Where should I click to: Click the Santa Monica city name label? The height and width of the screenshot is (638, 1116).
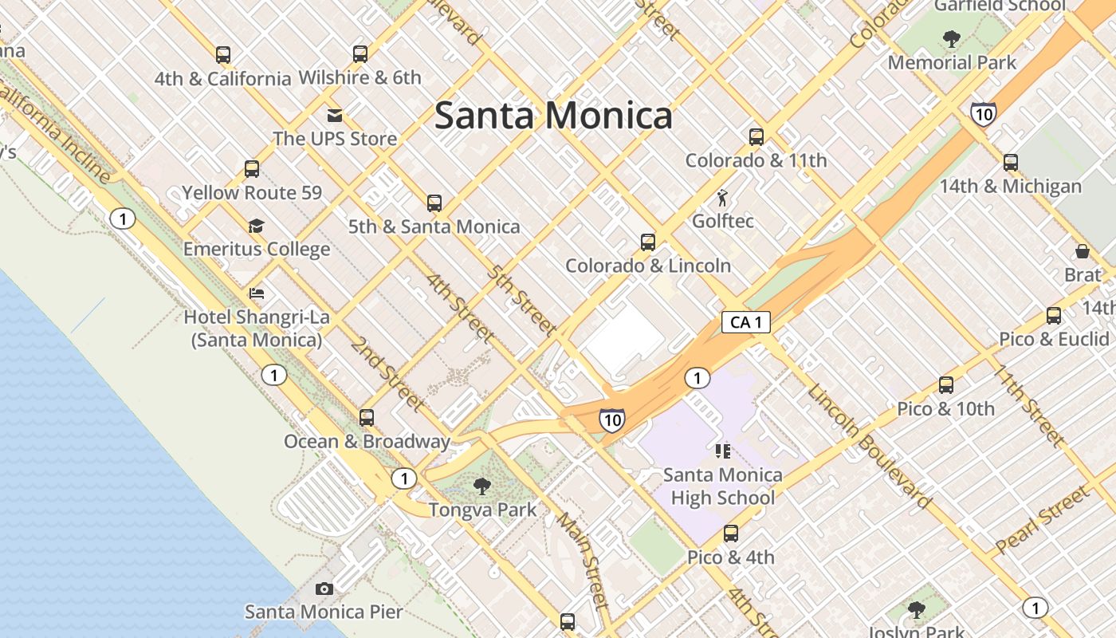pos(553,116)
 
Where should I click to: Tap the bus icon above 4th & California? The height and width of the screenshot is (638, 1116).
pos(223,55)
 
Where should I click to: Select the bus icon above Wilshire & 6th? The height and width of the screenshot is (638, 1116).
pos(360,54)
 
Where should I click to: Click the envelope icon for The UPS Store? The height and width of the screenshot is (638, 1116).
pos(335,115)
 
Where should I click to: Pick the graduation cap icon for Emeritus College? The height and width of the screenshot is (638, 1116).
pos(256,226)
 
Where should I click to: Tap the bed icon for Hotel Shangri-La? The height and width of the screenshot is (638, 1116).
pos(256,293)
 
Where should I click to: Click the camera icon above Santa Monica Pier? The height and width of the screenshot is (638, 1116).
pos(324,589)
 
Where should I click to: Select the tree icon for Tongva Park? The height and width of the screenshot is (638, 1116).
pos(481,486)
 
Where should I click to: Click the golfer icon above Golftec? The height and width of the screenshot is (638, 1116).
pos(722,198)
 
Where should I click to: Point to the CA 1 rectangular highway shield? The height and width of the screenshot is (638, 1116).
pos(746,322)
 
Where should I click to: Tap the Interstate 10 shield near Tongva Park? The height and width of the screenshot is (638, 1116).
pos(611,419)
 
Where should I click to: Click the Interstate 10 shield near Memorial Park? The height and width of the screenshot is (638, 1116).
pos(984,114)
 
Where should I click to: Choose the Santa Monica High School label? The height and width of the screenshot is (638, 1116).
pos(722,486)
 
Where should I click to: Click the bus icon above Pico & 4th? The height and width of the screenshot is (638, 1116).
pos(731,534)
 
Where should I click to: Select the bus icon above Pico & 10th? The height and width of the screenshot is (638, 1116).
pos(946,385)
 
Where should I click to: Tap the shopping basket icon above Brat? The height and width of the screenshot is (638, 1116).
pos(1083,251)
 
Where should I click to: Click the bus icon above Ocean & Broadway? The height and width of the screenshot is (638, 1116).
pos(367,417)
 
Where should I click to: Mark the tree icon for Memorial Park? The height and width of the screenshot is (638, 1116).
pos(951,38)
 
